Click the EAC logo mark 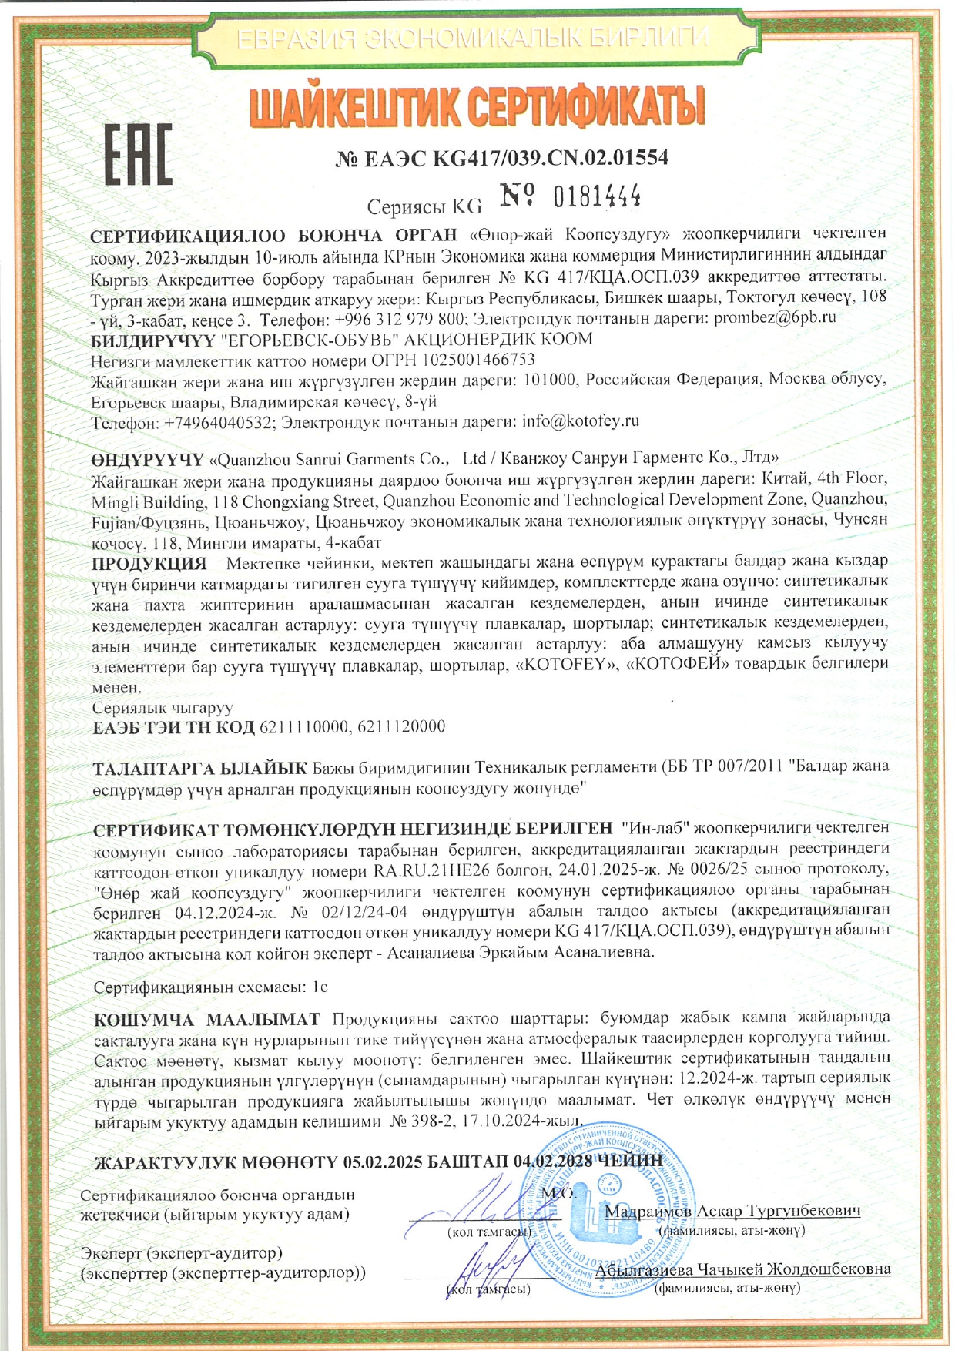click(139, 153)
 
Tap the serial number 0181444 click(598, 198)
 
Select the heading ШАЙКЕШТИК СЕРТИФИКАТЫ click(477, 107)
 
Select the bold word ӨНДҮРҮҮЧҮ click(147, 460)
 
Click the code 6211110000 click(305, 726)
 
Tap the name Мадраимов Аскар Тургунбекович click(732, 1210)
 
